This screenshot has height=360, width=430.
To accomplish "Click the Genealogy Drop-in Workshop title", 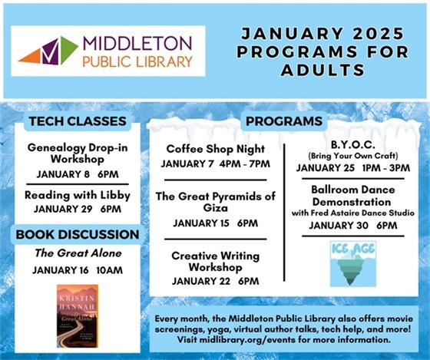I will tap(78, 153).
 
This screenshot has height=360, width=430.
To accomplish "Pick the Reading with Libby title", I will tap(78, 195).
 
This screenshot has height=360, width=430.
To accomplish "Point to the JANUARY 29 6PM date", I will tap(78, 209).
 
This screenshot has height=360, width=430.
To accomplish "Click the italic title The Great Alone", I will tap(77, 253).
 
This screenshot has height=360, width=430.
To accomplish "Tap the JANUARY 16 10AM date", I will tap(77, 270).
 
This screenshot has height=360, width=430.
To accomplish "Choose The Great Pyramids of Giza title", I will tap(215, 203).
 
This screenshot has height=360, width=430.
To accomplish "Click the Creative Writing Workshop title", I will tap(215, 261).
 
